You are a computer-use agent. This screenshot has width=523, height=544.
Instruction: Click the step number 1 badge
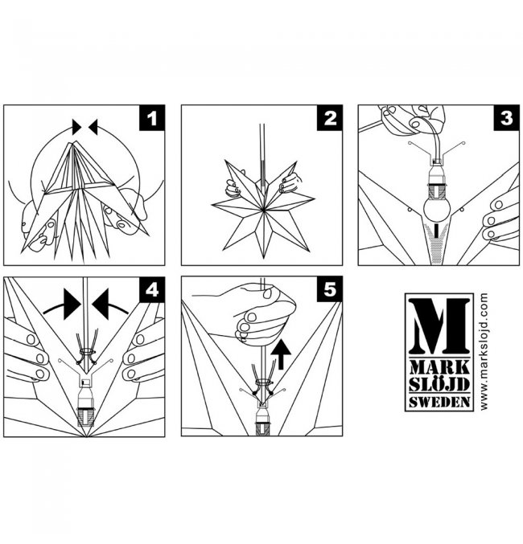[152, 118]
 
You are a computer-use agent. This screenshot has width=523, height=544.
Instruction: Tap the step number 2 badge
[329, 118]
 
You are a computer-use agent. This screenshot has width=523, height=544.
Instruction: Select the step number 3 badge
[507, 118]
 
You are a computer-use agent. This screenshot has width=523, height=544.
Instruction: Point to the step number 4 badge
[152, 290]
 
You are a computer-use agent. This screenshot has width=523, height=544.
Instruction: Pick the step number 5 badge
[329, 289]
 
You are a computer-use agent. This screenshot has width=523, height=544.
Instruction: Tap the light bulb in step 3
[437, 208]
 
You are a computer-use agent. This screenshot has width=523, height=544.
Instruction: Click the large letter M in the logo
[439, 326]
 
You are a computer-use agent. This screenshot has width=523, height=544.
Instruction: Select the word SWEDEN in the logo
[439, 402]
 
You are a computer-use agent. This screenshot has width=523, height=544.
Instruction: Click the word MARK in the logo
[439, 367]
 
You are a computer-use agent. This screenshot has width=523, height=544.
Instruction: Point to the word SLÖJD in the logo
[439, 384]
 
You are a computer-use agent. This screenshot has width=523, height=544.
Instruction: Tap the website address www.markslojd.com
[484, 352]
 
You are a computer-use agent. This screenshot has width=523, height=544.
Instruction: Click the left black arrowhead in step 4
[72, 305]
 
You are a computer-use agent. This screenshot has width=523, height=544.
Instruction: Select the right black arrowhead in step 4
[101, 305]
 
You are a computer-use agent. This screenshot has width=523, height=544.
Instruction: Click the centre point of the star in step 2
[264, 209]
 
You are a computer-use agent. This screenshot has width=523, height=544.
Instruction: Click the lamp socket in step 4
[84, 403]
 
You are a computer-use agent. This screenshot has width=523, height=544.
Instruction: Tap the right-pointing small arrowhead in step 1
[76, 127]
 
